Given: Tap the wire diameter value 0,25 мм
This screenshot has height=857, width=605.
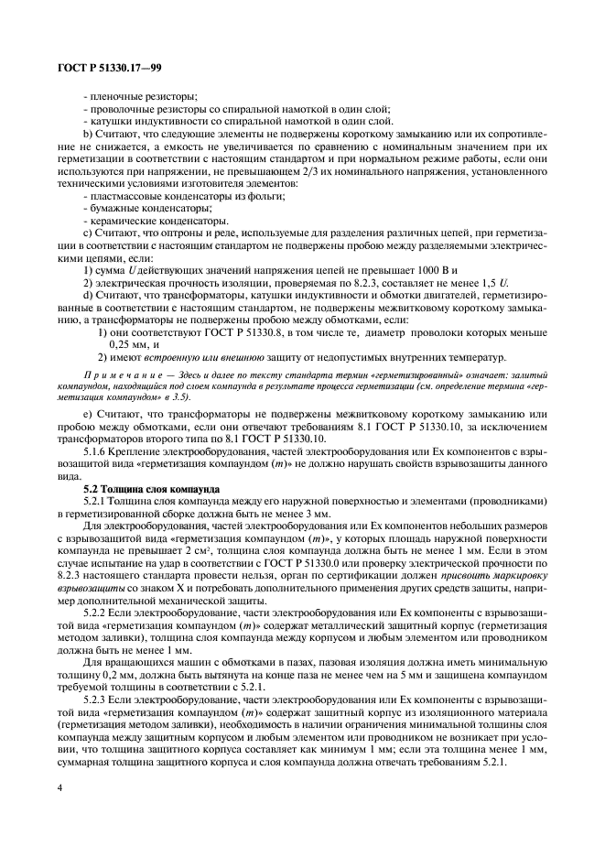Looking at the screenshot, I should [128, 344].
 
